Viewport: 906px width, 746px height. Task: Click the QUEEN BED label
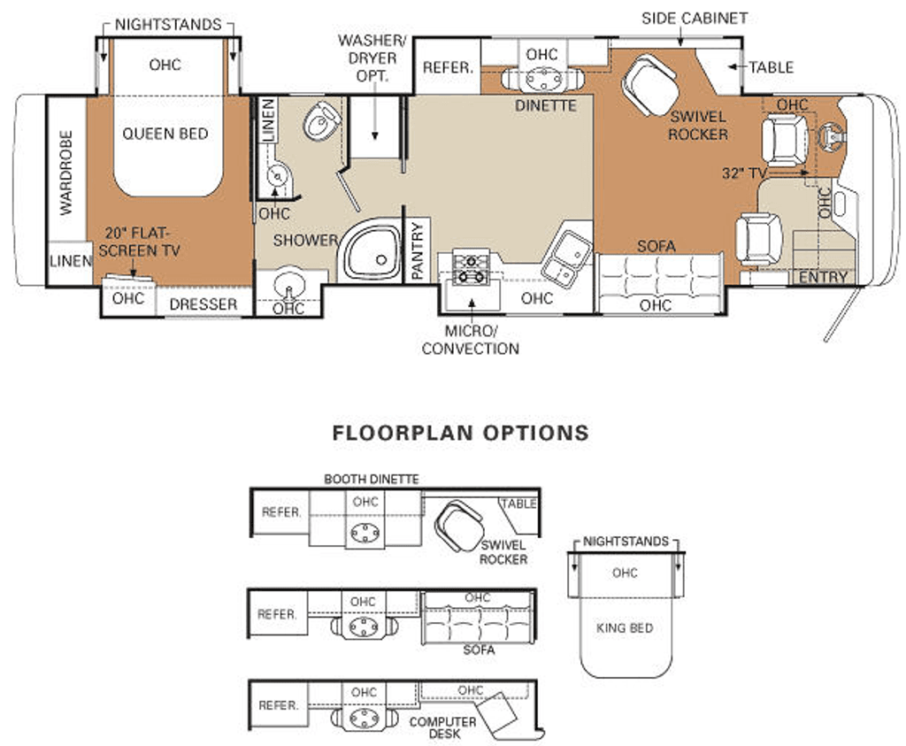tap(165, 134)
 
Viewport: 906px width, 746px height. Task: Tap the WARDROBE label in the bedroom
tap(66, 173)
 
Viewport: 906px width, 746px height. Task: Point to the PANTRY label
tap(418, 251)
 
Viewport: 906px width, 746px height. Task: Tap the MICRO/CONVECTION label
tap(470, 340)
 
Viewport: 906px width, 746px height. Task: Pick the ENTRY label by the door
tap(823, 277)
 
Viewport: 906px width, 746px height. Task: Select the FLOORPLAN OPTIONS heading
tap(460, 433)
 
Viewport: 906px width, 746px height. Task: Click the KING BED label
tap(625, 627)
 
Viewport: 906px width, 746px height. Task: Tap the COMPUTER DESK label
tap(442, 727)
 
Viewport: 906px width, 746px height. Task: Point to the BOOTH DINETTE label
tap(371, 479)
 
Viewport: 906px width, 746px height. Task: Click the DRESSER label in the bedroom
tap(203, 304)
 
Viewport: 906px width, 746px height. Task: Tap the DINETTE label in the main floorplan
tap(546, 105)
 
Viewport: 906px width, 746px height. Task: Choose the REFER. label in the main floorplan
tap(449, 67)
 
